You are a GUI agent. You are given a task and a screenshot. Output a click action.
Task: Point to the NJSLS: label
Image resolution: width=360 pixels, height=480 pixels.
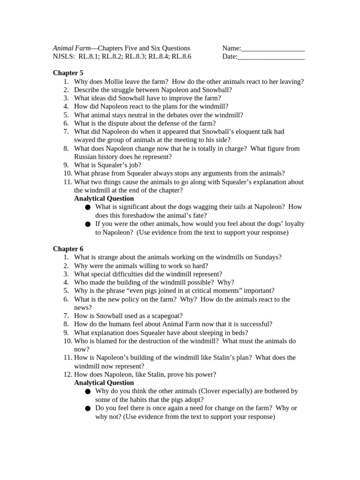coord(64,57)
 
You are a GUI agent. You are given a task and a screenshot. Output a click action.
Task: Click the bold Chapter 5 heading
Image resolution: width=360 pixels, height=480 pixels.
coord(68,73)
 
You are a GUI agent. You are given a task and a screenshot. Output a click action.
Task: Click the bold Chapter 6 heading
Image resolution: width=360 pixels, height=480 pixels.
coord(68,249)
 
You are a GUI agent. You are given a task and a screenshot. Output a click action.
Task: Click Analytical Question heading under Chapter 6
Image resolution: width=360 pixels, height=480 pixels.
coord(104,383)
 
